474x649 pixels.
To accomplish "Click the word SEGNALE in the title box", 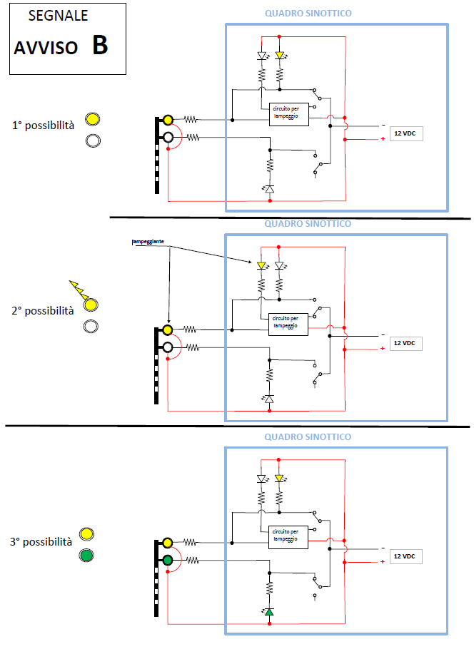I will point(59,16).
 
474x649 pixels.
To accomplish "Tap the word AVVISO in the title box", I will point(45,48).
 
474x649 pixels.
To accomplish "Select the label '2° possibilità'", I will point(43,311).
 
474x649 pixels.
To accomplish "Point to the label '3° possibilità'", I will point(41,542).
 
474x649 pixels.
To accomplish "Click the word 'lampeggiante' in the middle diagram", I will point(148,242).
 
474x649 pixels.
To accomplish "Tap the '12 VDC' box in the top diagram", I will point(405,133).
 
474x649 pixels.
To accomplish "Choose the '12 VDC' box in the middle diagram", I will point(404,342).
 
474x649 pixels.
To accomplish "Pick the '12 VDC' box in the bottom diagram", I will point(405,556).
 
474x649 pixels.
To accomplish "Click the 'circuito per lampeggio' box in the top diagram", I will point(288,115).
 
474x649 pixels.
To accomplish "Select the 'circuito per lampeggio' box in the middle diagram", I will point(288,324).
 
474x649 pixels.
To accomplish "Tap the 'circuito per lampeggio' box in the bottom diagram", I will point(288,536).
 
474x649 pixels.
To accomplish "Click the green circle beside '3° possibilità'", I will point(87,555).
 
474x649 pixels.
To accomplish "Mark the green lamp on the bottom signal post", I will point(168,561).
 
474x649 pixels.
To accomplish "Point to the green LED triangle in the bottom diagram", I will point(269,611).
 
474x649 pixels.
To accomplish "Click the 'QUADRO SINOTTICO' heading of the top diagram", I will point(308,14).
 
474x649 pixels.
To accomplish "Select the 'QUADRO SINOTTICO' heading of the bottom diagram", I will point(308,437).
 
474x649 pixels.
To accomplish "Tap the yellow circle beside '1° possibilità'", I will point(92,120).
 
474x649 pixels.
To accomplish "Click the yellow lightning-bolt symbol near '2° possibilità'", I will point(78,290).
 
